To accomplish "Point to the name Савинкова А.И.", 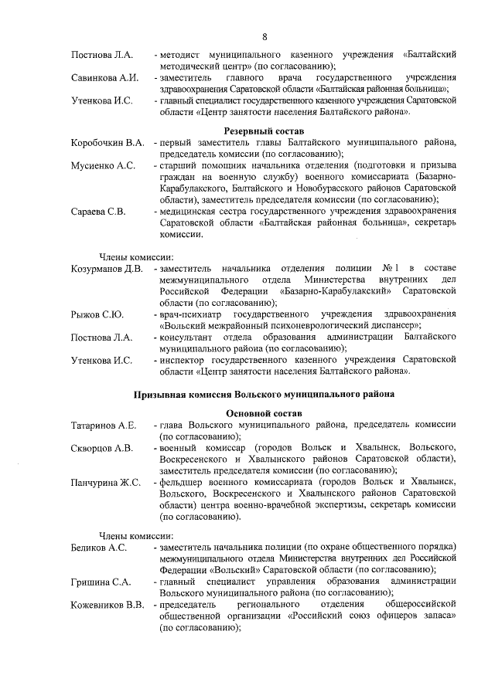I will [x=104, y=78].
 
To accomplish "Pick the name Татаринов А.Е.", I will [x=104, y=425].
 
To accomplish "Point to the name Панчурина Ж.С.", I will [x=105, y=482].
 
